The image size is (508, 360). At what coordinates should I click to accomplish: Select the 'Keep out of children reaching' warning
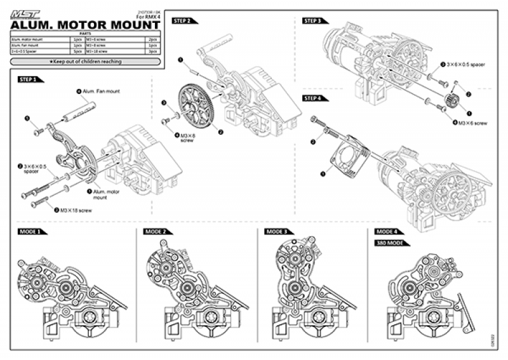85,62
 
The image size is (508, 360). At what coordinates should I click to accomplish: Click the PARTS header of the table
85,34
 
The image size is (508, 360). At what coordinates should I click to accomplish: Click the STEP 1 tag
29,79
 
